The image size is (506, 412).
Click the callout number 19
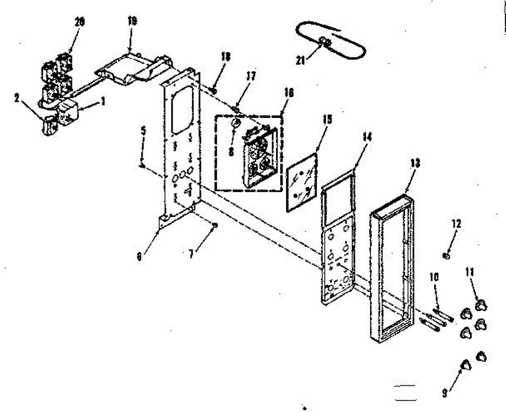(x=132, y=22)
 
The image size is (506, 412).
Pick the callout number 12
(x=457, y=224)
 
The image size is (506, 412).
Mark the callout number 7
(x=191, y=254)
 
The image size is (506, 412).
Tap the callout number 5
(x=143, y=131)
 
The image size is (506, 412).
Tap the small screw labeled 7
(x=215, y=225)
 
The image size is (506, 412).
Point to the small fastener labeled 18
(x=213, y=90)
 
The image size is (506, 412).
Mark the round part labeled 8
(x=236, y=123)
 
